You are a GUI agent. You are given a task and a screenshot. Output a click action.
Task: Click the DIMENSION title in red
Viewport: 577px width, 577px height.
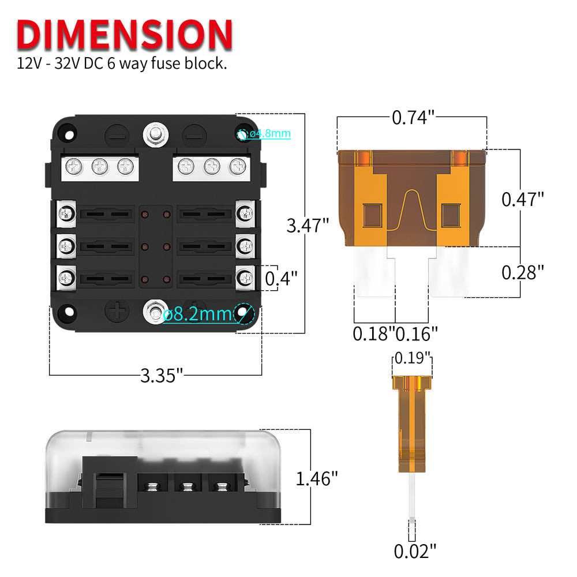(x=125, y=35)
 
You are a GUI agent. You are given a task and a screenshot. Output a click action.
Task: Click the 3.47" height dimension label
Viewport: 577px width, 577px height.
(x=308, y=224)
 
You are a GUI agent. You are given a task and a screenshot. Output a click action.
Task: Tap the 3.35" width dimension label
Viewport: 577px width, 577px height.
(x=161, y=376)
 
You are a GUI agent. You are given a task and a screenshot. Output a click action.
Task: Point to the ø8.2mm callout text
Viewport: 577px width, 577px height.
(x=196, y=315)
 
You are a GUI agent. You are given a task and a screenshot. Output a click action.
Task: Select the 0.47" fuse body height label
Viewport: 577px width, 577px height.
(x=523, y=199)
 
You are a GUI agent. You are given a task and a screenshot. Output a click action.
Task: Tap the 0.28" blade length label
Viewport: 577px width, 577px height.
(x=523, y=272)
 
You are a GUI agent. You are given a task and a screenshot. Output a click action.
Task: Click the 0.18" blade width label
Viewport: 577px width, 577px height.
(x=373, y=333)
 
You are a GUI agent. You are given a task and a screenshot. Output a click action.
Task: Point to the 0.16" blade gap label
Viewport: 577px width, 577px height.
(x=417, y=333)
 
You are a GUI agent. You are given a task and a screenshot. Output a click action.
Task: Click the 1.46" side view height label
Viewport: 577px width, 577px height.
(x=316, y=478)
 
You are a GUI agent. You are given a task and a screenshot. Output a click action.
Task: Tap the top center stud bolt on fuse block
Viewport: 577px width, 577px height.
(x=155, y=134)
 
